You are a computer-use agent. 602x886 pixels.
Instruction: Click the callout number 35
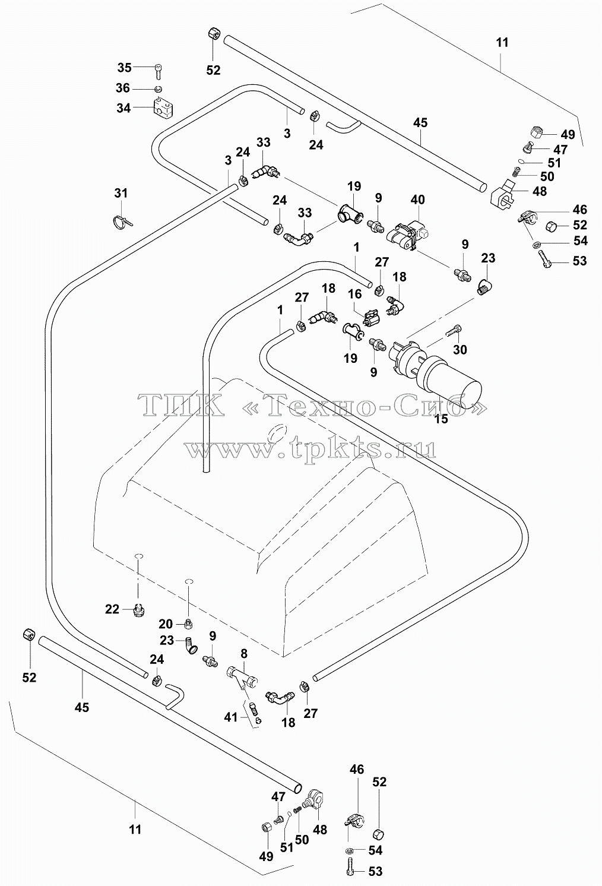124,68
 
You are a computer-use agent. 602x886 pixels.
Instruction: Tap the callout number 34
123,107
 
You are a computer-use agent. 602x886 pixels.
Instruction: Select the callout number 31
121,193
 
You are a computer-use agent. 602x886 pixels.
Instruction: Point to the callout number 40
418,200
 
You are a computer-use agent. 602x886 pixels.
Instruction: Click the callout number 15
441,419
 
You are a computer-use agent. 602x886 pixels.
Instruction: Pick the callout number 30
460,349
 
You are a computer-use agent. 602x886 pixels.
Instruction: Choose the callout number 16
355,294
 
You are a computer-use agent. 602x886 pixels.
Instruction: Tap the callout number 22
112,609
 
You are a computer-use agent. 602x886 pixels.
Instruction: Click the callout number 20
166,624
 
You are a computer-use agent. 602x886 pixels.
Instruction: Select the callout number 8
243,654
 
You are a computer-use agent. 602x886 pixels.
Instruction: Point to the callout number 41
231,717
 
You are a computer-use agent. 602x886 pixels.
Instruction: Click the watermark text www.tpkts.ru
311,448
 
